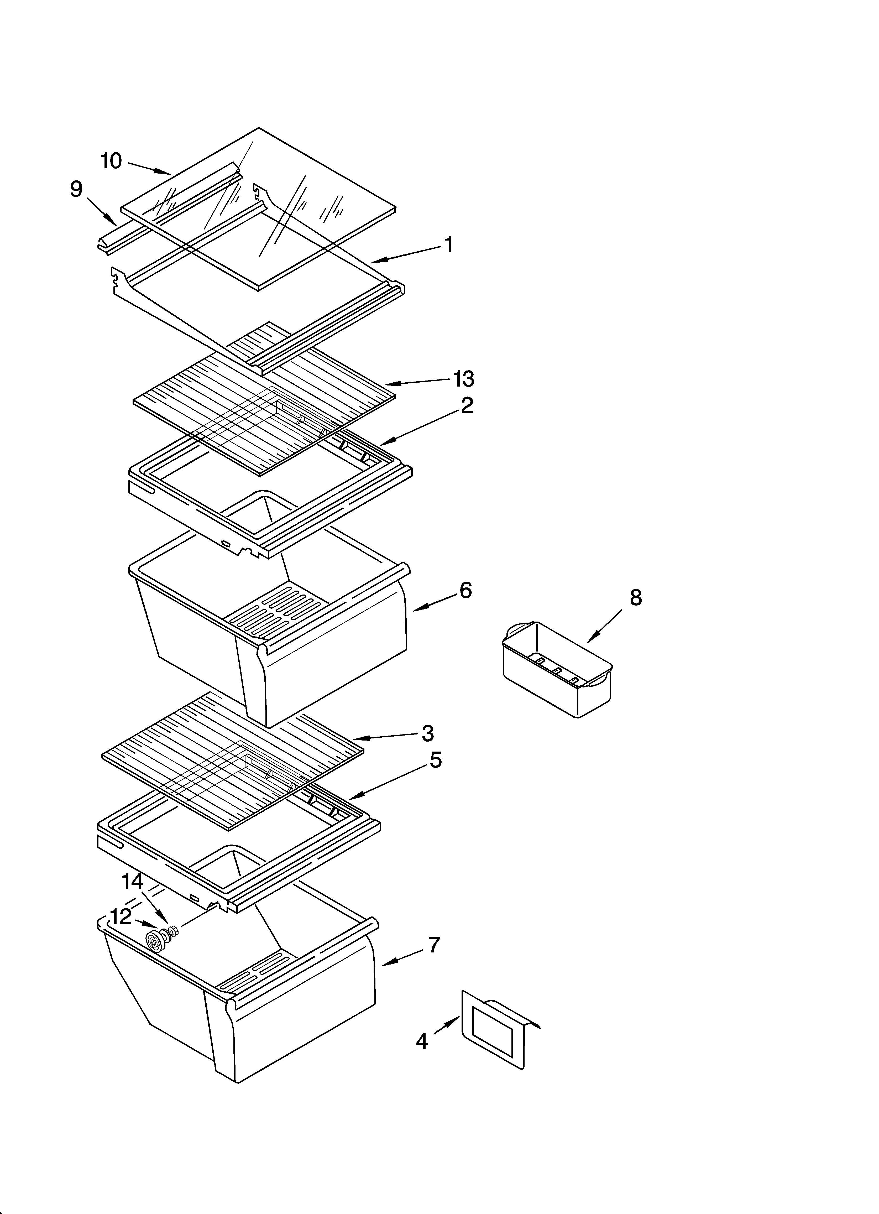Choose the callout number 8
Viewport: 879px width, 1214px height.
point(635,597)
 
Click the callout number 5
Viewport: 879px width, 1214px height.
point(436,760)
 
